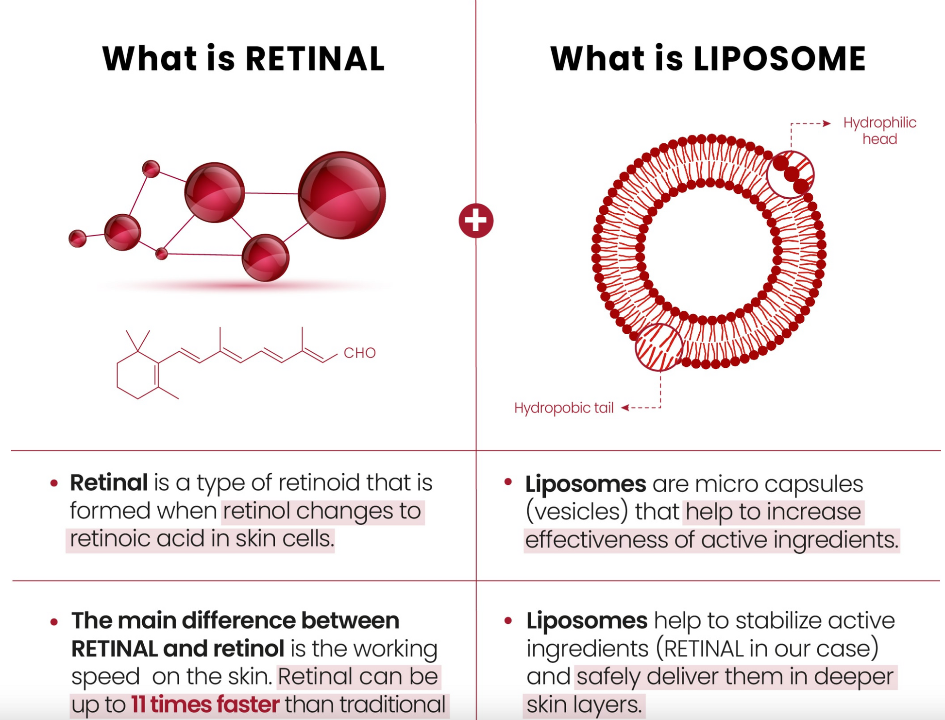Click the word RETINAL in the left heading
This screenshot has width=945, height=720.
[315, 59]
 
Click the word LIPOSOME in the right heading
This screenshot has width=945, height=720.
[779, 59]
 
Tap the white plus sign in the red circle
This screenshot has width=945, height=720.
[476, 221]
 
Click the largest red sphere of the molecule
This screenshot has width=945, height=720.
[342, 195]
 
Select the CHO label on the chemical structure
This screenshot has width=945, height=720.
[359, 353]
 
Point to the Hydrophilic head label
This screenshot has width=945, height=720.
[879, 131]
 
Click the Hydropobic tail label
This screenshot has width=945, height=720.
[563, 408]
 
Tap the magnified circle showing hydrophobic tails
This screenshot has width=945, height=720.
[659, 347]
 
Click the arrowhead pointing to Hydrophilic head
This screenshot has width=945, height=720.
[827, 123]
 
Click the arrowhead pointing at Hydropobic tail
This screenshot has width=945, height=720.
[625, 408]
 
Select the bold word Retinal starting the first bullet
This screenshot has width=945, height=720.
[109, 482]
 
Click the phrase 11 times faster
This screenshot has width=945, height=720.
[205, 704]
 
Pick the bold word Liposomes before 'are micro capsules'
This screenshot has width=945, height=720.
[586, 484]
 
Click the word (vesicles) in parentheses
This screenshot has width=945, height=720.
[577, 512]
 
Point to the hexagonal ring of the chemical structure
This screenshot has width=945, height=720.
[137, 376]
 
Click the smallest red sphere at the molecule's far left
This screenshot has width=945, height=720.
[78, 239]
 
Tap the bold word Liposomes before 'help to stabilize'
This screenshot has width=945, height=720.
[587, 621]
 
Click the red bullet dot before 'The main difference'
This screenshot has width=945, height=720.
[54, 622]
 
